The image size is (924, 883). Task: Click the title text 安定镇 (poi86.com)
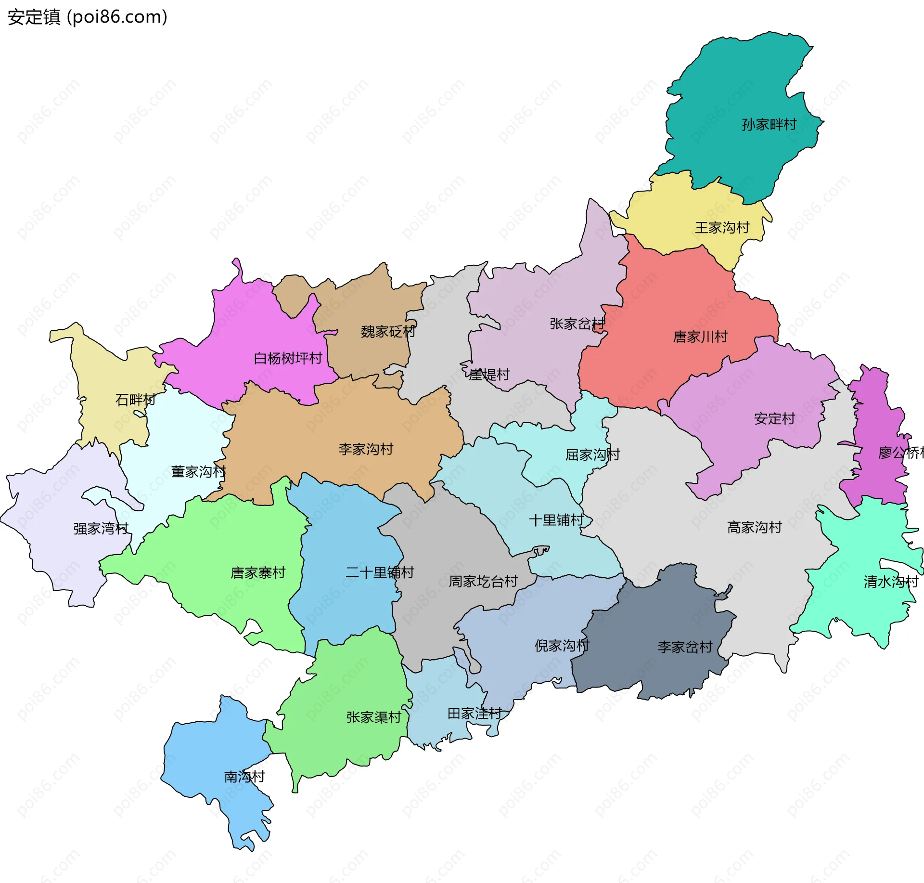pos(87,17)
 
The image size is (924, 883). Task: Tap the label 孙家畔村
pos(769,125)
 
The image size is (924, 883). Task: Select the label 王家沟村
pos(722,228)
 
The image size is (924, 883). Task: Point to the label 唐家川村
pos(700,337)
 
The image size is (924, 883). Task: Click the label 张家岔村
pos(577,324)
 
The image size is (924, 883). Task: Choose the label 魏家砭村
pos(388,332)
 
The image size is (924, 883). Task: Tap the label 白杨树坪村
pos(288,358)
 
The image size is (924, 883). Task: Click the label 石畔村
pos(135,400)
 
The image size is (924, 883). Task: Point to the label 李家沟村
pos(366,449)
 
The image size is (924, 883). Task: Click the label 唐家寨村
pos(258,573)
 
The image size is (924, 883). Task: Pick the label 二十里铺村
pos(380,572)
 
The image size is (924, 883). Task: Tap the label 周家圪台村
pos(483,582)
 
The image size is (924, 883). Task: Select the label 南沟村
pos(244,777)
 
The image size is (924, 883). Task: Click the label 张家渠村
pos(373,717)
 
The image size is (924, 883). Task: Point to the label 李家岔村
pos(685,647)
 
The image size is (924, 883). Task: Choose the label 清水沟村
pos(891,582)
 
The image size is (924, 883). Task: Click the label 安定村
pos(774,419)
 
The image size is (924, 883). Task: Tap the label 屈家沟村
pos(592,455)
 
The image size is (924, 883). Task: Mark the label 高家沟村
pos(754,528)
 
